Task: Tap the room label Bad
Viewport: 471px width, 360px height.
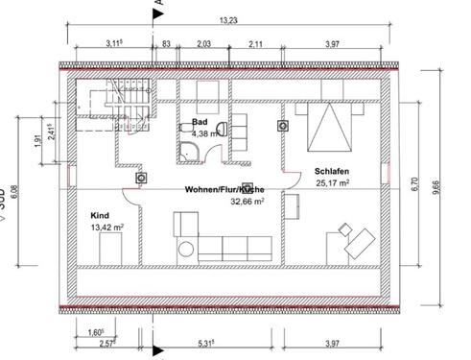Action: pos(200,123)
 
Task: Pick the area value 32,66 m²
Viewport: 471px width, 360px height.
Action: pos(246,203)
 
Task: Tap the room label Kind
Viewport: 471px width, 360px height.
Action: pos(101,216)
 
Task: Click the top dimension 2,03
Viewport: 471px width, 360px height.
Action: pos(203,43)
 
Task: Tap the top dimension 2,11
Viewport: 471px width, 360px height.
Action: pos(257,43)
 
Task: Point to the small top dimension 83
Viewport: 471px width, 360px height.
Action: pos(167,43)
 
